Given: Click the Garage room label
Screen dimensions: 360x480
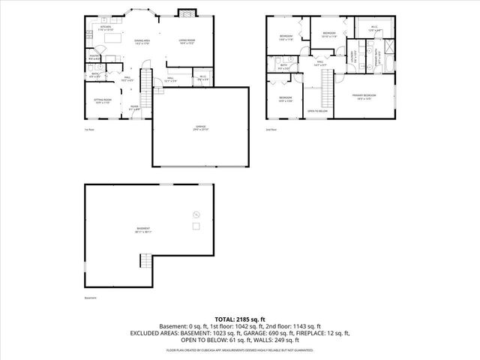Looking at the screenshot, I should point(200,127).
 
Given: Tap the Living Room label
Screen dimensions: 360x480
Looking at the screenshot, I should point(187,41).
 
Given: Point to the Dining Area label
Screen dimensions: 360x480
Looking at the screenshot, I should point(142,41).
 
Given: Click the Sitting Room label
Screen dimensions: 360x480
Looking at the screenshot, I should point(103,100).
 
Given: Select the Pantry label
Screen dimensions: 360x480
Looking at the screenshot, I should point(95,56).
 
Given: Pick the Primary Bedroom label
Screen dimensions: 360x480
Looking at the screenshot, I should point(364,97).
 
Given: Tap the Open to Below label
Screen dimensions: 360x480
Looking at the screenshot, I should point(317,111).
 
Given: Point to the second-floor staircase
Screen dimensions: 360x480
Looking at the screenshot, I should point(326,94).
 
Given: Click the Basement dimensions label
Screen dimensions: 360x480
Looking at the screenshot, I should point(143,229).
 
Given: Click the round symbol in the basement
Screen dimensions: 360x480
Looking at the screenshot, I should point(197,212).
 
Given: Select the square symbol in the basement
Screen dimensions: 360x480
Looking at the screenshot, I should point(196,226).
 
